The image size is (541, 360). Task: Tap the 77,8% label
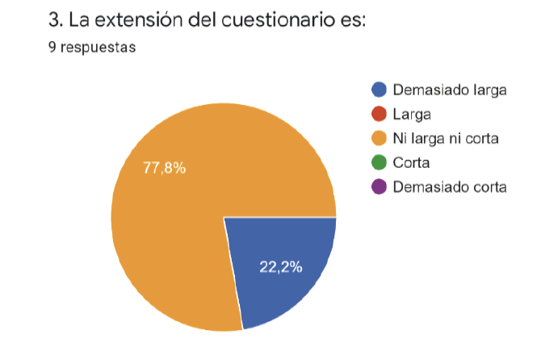click(165, 169)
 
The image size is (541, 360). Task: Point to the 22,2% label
click(281, 267)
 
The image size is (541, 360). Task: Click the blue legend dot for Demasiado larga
click(379, 90)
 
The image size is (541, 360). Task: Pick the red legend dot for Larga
click(379, 114)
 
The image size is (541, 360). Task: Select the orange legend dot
click(379, 139)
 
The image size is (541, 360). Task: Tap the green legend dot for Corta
click(379, 163)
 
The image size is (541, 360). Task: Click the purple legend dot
click(379, 187)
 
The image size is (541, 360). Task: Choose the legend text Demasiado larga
click(449, 90)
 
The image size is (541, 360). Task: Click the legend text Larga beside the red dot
click(412, 114)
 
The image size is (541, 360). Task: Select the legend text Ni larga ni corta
click(445, 139)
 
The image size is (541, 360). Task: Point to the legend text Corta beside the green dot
click(411, 163)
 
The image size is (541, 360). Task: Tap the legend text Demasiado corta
click(449, 187)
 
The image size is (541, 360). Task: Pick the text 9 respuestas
click(92, 48)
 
